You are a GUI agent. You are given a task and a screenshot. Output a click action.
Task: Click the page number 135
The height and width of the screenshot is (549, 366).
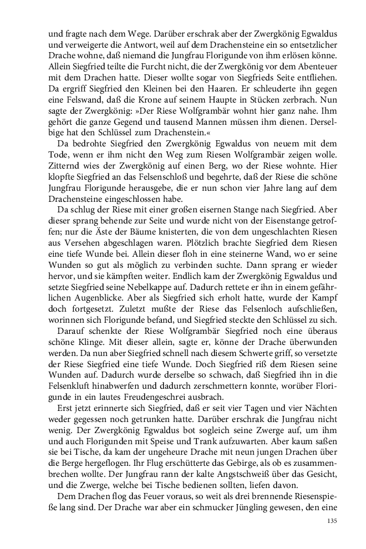click(332, 520)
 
